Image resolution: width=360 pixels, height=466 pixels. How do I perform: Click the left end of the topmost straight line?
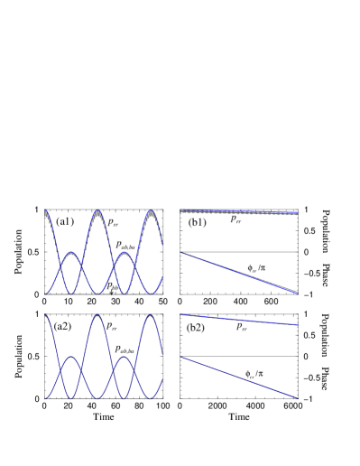[180, 210]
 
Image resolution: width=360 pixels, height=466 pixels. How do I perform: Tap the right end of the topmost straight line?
[298, 212]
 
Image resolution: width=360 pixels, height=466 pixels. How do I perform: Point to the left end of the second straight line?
[180, 253]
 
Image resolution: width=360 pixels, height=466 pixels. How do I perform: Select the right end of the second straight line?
[297, 294]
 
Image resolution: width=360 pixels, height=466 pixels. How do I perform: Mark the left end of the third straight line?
[180, 315]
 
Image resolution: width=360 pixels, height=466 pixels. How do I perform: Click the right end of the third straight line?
[298, 324]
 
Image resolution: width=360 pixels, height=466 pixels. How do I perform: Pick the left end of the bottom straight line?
[180, 358]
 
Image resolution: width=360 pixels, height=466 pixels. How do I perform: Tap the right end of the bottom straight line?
[299, 399]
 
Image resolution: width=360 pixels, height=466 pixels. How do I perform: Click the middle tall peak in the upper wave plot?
[97, 210]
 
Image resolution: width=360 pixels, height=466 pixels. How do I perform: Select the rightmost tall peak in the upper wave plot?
[151, 210]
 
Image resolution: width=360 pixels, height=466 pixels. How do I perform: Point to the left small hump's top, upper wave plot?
[71, 252]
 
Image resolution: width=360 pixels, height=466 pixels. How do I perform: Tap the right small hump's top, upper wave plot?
[125, 252]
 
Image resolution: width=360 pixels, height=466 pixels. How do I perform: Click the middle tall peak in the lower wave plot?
[97, 315]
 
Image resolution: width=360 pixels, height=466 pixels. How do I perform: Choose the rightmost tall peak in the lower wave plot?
[151, 314]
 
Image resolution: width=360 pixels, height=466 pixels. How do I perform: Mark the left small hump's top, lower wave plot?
[71, 357]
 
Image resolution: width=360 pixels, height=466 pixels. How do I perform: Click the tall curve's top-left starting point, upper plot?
[44, 210]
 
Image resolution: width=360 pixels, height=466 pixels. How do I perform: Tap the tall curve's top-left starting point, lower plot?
[44, 315]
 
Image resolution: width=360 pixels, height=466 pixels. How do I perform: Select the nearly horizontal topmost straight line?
[239, 211]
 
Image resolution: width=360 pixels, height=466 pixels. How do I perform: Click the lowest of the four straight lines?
[239, 378]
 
